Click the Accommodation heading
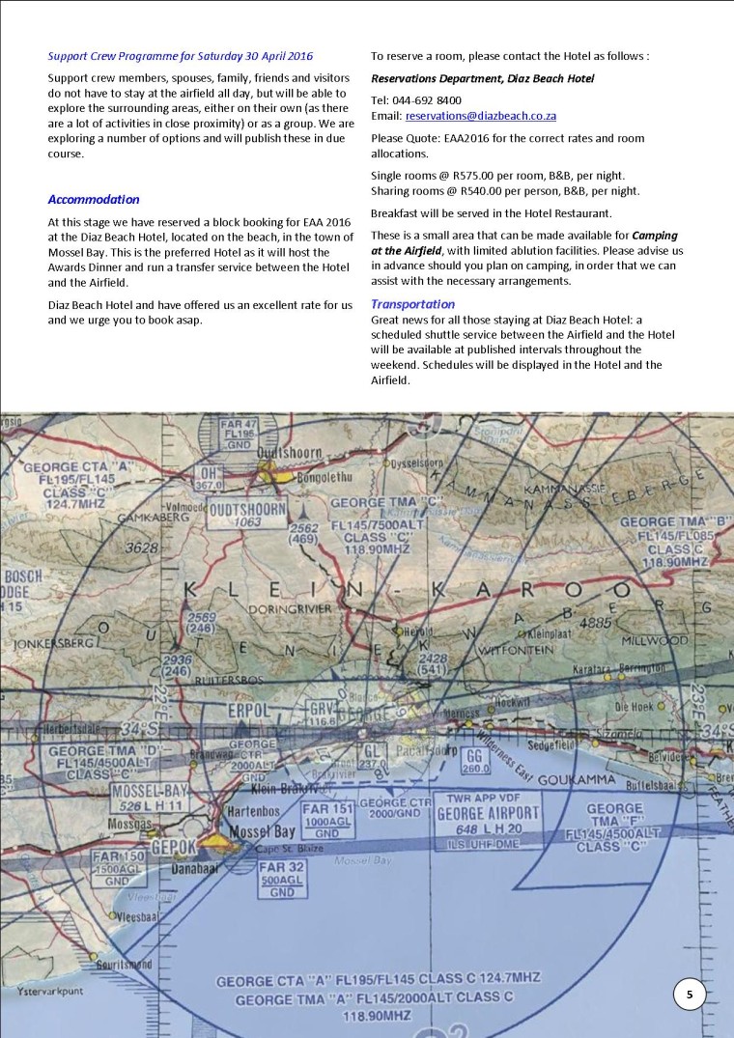click(94, 200)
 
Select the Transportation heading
click(413, 304)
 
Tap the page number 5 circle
click(690, 995)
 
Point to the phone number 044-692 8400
click(429, 99)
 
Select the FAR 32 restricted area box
click(283, 880)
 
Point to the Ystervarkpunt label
click(42, 992)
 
